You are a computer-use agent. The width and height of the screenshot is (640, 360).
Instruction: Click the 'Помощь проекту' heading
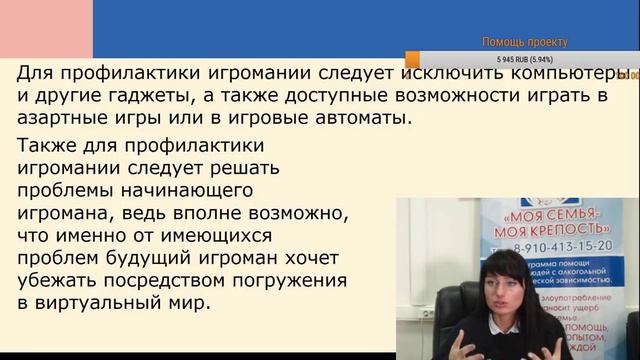524,42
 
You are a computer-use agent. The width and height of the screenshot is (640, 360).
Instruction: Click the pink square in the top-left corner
46,29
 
